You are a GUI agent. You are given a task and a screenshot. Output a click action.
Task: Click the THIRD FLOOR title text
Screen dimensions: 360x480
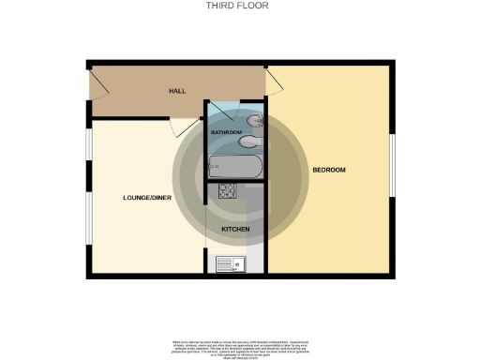pyautogui.click(x=238, y=6)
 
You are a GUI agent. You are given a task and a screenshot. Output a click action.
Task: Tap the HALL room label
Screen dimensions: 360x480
pyautogui.click(x=176, y=91)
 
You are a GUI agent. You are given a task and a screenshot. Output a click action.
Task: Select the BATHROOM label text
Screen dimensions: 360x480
pyautogui.click(x=226, y=133)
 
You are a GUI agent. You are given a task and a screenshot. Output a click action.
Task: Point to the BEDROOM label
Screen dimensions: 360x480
pyautogui.click(x=329, y=170)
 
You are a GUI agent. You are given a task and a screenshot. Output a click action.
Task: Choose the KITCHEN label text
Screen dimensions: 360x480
pyautogui.click(x=234, y=229)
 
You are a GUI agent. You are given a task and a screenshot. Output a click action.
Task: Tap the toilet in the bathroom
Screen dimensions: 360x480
pyautogui.click(x=254, y=122)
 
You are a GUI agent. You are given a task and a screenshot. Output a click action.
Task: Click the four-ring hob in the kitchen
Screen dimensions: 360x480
pyautogui.click(x=228, y=192)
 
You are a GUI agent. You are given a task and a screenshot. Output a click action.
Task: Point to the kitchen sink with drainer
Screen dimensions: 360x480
pyautogui.click(x=229, y=264)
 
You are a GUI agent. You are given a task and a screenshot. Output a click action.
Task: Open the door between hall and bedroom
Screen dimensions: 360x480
pyautogui.click(x=274, y=82)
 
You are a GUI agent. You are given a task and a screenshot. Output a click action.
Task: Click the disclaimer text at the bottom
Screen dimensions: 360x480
pyautogui.click(x=240, y=345)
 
